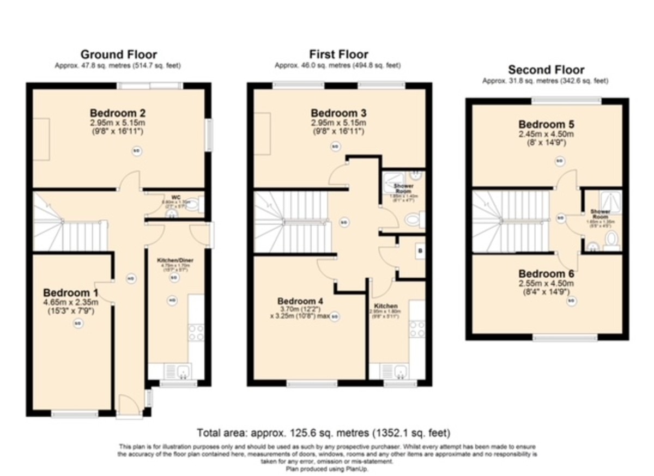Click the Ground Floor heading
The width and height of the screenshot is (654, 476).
point(119,54)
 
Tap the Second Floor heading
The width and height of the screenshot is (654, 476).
point(546,70)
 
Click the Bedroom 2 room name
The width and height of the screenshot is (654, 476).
point(118,113)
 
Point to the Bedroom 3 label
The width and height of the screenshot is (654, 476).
point(338,113)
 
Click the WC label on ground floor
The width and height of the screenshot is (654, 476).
point(175,197)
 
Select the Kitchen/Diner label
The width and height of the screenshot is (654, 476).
point(172,261)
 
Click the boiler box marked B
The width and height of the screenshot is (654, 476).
point(419,251)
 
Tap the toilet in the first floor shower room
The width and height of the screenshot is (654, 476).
point(413,219)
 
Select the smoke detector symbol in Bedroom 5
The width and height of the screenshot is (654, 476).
point(559,161)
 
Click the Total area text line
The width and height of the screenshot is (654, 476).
point(324,434)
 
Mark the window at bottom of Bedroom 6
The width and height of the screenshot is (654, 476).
point(564,338)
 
